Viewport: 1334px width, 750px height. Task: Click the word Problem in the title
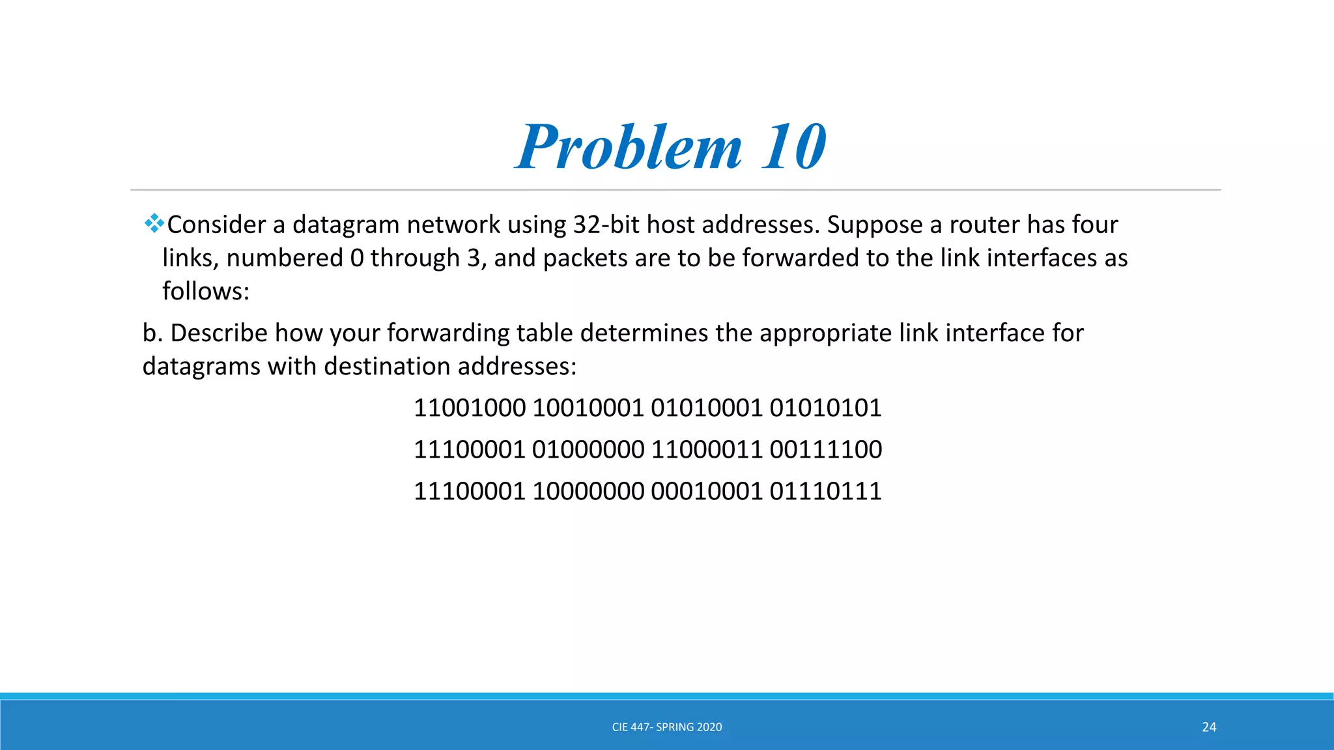(629, 147)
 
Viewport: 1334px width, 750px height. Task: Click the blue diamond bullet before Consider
(154, 224)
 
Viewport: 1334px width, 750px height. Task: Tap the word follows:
(206, 291)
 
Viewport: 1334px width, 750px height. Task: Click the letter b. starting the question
(152, 333)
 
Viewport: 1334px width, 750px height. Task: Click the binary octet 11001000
(470, 408)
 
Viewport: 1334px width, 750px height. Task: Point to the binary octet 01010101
(825, 408)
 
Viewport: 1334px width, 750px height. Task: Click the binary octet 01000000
(588, 450)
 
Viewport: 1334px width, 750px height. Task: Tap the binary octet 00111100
(825, 450)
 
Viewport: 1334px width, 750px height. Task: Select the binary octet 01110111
(825, 492)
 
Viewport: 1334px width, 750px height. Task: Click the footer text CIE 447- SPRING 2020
(667, 727)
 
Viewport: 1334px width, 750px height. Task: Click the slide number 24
(1209, 727)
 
